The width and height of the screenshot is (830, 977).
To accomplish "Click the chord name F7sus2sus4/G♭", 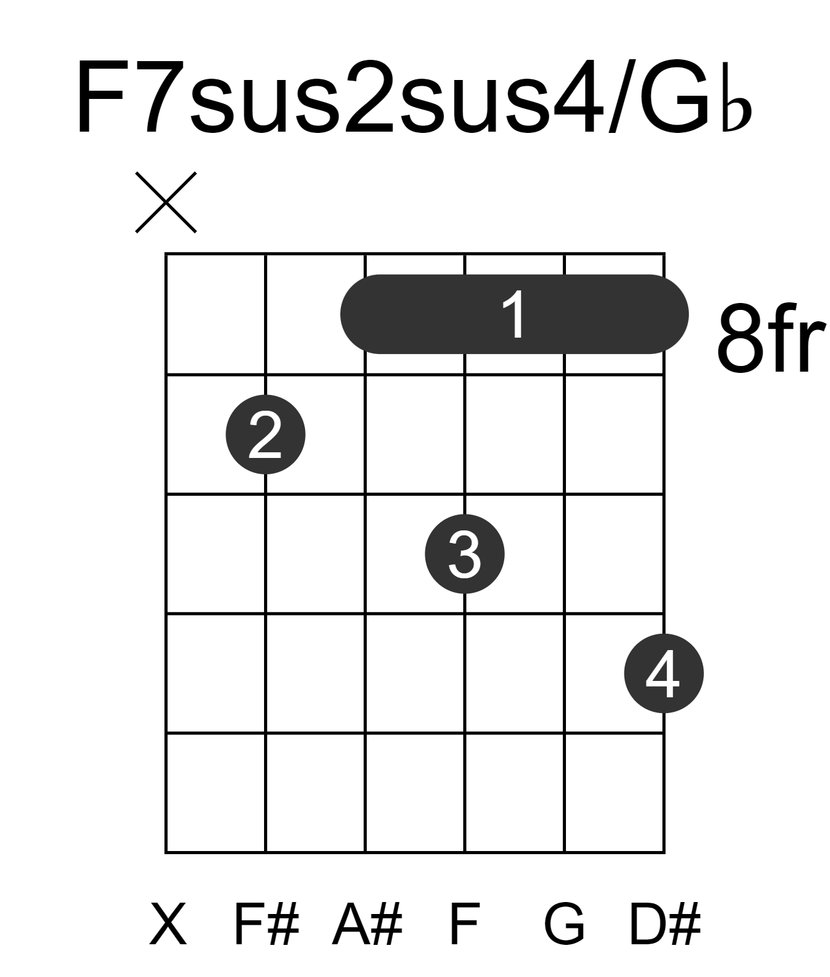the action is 413,97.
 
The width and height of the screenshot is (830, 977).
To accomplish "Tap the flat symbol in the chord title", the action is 736,109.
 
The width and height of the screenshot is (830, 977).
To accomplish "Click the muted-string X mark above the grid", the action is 166,202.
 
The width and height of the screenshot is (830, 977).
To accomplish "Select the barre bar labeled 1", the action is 514,314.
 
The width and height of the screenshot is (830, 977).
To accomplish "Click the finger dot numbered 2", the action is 265,435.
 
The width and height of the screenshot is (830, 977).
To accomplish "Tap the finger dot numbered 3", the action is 464,554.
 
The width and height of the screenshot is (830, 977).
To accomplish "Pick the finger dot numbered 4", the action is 664,673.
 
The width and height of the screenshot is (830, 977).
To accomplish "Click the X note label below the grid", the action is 168,924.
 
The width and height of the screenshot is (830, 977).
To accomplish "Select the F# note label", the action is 267,924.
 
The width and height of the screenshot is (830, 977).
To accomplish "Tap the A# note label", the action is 367,924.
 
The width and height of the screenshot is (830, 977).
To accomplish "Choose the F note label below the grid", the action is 465,924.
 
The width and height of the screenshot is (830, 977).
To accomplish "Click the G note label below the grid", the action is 565,924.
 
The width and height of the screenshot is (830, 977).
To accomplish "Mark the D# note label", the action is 664,924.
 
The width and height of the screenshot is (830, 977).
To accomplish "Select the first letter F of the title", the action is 102,97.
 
